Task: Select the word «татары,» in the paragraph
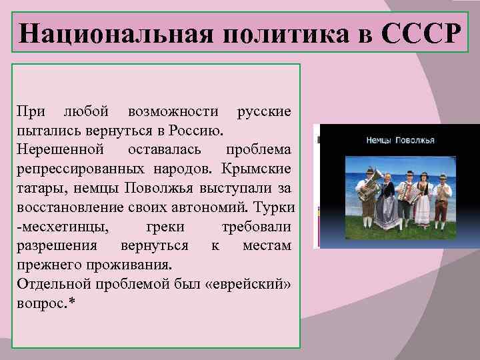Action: click(39, 185)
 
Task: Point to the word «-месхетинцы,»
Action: click(59, 227)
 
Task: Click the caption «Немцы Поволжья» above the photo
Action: click(400, 141)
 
